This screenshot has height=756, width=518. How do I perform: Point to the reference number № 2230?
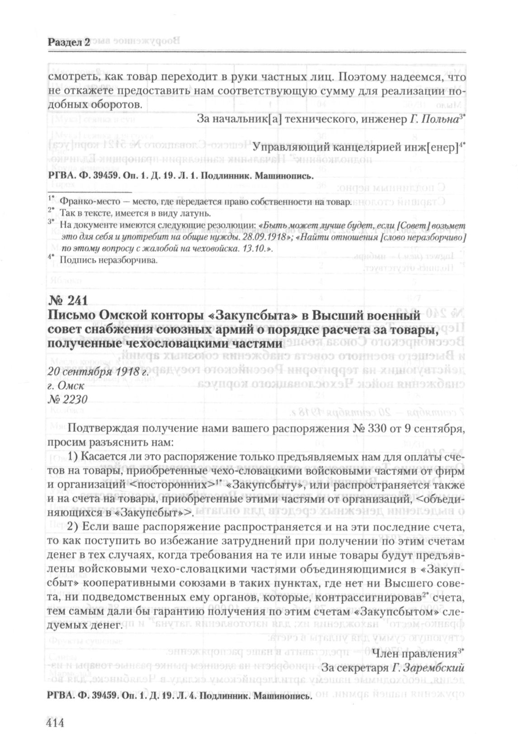[x=67, y=399]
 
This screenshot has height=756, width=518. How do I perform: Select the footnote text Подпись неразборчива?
[x=109, y=260]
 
